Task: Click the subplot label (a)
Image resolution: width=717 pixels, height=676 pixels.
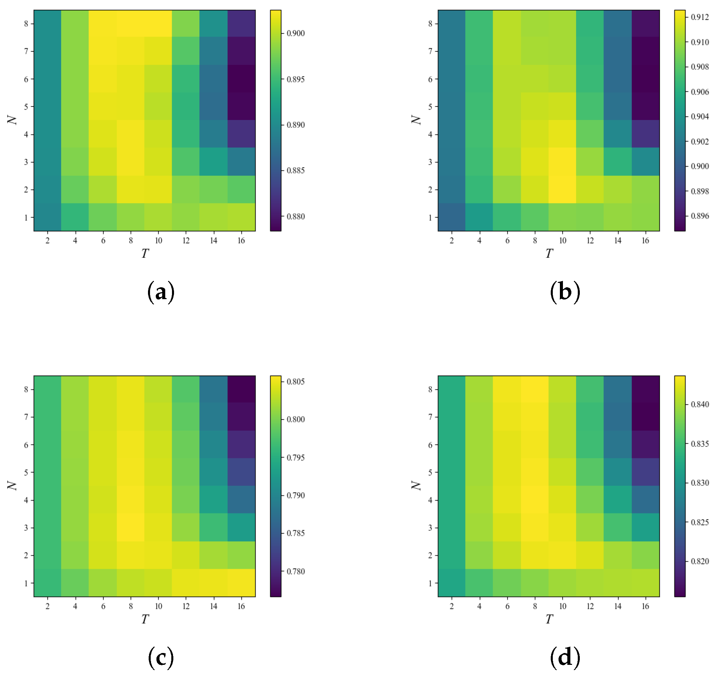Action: (x=161, y=292)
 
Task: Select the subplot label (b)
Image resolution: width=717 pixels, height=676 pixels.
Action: (x=565, y=292)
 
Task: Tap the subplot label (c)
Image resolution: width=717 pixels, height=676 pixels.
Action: (x=161, y=657)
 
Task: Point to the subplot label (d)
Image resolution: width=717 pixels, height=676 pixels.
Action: (x=565, y=657)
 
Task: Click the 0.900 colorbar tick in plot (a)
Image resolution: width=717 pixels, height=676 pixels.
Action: (x=295, y=33)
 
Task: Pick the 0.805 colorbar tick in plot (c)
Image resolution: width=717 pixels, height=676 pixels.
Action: (x=295, y=382)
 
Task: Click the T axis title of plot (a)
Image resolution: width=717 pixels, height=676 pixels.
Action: (x=145, y=254)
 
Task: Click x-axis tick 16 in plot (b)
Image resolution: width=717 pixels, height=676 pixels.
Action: (x=645, y=241)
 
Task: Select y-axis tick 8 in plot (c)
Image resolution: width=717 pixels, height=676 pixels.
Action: (x=26, y=390)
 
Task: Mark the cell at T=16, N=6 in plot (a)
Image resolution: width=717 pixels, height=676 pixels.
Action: (x=241, y=79)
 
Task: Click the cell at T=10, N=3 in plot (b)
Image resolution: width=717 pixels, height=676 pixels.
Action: (x=562, y=162)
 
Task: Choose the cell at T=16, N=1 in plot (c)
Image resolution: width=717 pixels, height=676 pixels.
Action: (x=241, y=583)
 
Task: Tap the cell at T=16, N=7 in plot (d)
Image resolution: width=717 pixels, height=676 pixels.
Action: (x=645, y=417)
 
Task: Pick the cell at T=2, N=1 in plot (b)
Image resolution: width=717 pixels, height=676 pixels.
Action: (x=451, y=217)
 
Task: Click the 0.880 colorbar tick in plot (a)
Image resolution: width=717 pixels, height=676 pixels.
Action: (x=295, y=217)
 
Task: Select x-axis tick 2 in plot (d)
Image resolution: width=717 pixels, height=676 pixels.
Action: (x=451, y=606)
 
